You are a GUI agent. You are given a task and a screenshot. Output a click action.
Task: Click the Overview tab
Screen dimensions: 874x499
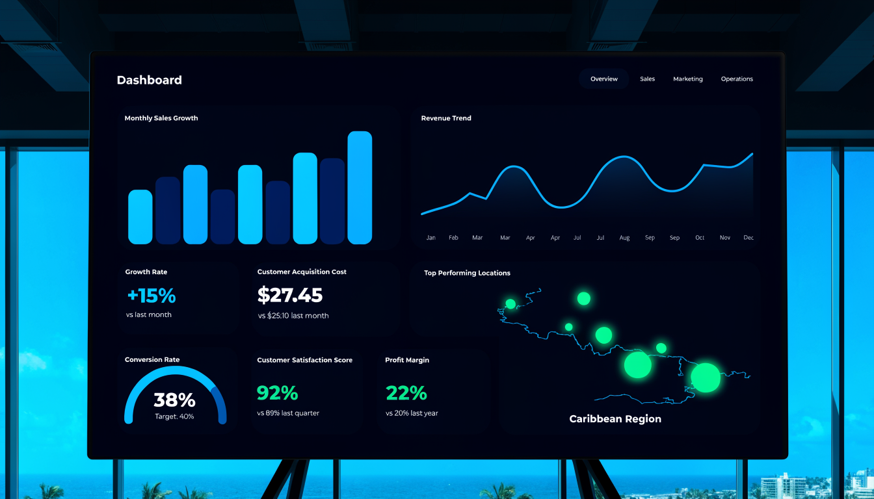(x=603, y=79)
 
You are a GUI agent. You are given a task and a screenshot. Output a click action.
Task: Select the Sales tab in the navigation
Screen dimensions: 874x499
(x=647, y=79)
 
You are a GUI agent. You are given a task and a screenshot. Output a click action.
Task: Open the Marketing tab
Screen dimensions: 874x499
(x=688, y=79)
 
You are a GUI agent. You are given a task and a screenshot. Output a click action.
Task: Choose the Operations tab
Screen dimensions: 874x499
(x=737, y=79)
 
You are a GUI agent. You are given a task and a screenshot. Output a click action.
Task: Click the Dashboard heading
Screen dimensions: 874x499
(x=150, y=80)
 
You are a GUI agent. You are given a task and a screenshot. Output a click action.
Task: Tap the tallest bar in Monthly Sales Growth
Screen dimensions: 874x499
(x=360, y=188)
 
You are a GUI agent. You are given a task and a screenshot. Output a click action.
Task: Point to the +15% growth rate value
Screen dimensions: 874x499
(x=152, y=296)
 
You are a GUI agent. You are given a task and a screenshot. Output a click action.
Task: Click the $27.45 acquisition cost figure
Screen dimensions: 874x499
(x=290, y=295)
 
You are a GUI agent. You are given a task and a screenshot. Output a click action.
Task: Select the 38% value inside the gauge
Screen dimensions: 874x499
(x=174, y=400)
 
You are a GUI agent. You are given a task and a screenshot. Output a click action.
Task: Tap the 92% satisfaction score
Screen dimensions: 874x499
(x=278, y=392)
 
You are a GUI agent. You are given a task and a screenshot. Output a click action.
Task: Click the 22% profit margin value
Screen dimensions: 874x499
(x=406, y=392)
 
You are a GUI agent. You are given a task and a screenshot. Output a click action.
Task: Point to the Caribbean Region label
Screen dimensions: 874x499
(x=615, y=418)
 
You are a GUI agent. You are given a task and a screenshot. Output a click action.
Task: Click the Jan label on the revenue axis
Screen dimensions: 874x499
(x=430, y=237)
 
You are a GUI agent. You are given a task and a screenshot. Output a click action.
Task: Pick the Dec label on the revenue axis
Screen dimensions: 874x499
(x=748, y=237)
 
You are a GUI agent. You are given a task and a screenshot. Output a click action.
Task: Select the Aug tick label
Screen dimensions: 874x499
(x=624, y=238)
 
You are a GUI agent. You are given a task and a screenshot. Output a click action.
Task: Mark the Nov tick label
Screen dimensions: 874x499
(x=725, y=237)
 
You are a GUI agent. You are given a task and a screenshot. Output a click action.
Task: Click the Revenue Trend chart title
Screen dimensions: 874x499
(x=446, y=118)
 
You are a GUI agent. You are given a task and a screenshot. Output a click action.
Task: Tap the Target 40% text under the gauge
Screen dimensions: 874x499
(x=174, y=416)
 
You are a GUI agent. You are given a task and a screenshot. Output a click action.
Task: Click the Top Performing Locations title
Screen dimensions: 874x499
(x=467, y=273)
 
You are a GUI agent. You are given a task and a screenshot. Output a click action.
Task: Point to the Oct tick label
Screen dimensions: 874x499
(x=700, y=237)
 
